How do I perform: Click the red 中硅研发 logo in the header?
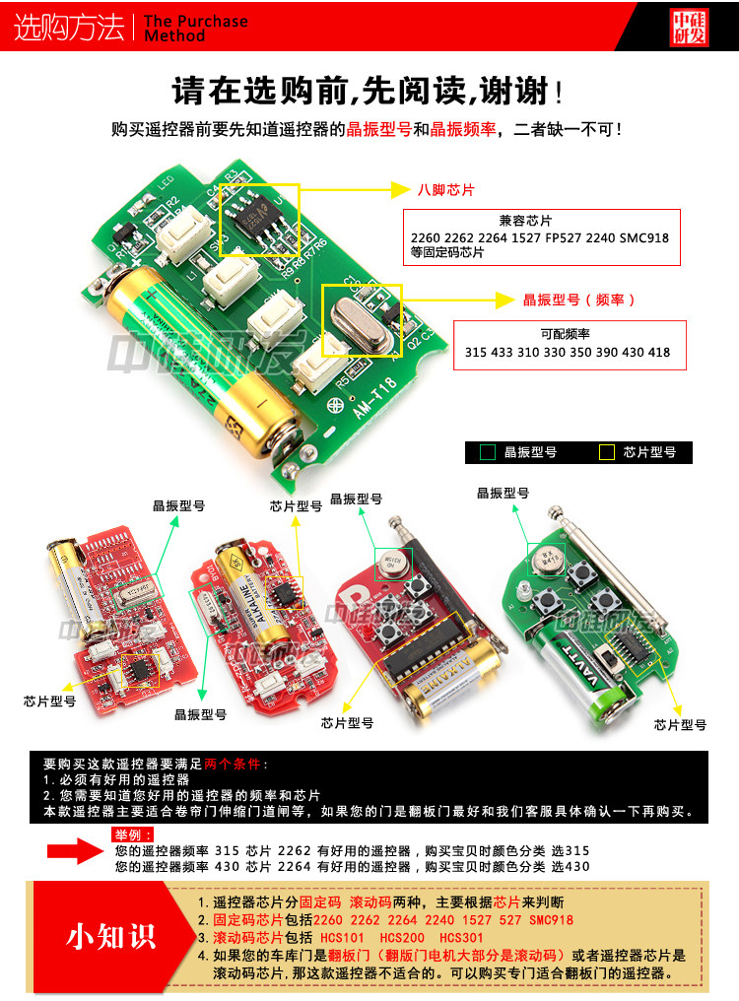click(689, 28)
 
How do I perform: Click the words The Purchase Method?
click(194, 28)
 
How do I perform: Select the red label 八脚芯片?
click(445, 188)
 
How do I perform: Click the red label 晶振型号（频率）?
click(579, 300)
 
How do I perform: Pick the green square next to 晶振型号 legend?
click(487, 452)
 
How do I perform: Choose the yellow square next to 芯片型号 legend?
click(606, 452)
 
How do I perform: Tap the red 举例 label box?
click(133, 835)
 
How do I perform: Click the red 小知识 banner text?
click(110, 935)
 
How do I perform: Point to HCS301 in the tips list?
click(461, 937)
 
